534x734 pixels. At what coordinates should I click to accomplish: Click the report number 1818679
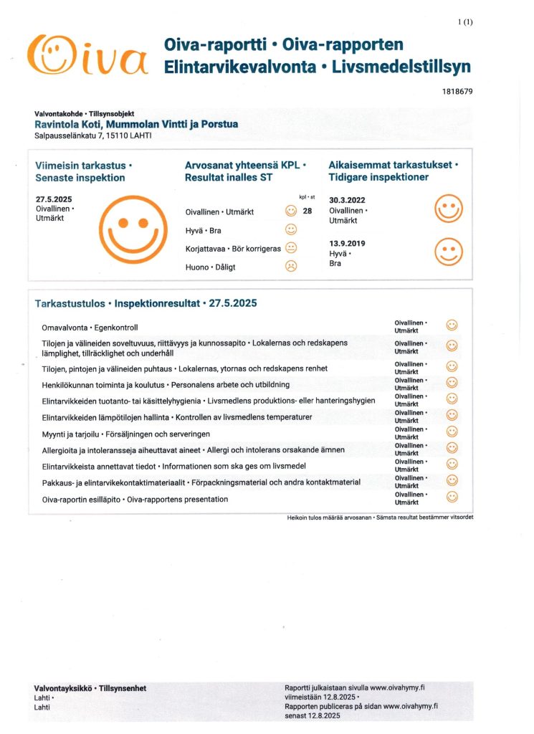pyautogui.click(x=456, y=91)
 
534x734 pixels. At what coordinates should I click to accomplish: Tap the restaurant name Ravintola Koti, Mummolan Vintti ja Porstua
pyautogui.click(x=136, y=124)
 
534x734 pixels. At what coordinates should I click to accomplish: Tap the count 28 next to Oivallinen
pyautogui.click(x=308, y=211)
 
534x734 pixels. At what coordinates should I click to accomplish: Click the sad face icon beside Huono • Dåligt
pyautogui.click(x=291, y=266)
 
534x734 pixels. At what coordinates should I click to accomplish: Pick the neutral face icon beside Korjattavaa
pyautogui.click(x=291, y=248)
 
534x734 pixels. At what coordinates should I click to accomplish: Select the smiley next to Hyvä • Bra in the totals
pyautogui.click(x=291, y=229)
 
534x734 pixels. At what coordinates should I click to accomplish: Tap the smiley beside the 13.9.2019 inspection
pyautogui.click(x=449, y=252)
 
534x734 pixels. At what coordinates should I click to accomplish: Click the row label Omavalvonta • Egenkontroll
pyautogui.click(x=90, y=328)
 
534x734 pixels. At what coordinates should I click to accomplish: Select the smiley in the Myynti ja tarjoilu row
pyautogui.click(x=452, y=431)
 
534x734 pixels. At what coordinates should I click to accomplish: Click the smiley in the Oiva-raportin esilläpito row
pyautogui.click(x=452, y=497)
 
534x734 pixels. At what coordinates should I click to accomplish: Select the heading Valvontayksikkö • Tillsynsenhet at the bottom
pyautogui.click(x=90, y=688)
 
